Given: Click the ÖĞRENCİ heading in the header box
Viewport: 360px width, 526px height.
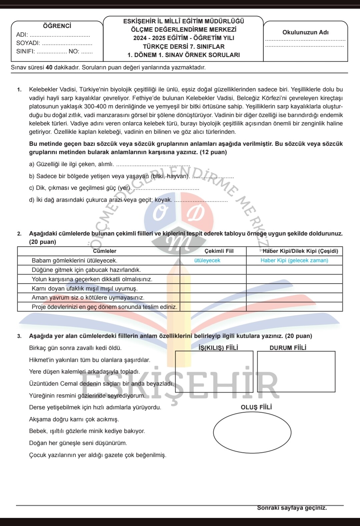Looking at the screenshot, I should tap(57, 26).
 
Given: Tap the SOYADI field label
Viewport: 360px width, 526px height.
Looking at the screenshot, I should tap(28, 43).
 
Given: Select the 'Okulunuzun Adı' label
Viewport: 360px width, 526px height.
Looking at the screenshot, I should tap(305, 32).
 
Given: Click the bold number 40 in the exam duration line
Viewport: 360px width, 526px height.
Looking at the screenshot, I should tap(49, 67).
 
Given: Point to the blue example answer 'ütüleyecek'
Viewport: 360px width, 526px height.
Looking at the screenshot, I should tap(207, 260).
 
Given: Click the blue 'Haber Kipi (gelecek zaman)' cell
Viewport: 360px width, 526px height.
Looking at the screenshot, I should tap(294, 260).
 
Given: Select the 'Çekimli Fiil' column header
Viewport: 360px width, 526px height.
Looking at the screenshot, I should tap(219, 251).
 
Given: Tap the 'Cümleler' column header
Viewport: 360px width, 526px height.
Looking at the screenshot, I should tap(104, 251).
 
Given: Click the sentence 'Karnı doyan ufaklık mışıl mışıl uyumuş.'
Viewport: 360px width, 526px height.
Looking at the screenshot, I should tap(85, 289).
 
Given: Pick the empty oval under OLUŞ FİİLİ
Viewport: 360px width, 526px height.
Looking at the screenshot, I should tap(252, 433).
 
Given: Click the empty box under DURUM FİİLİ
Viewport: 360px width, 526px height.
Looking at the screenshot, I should tap(296, 371).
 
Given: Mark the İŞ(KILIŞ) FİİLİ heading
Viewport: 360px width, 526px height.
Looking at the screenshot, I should tap(218, 348).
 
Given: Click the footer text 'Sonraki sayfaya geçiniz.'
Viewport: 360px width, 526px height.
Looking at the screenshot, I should tap(292, 508).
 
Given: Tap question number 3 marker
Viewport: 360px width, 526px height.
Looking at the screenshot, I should tap(19, 336).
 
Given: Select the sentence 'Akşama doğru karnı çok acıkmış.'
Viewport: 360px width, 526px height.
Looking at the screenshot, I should tap(74, 419).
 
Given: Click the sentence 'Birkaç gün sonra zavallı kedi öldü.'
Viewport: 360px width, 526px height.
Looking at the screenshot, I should tap(75, 348).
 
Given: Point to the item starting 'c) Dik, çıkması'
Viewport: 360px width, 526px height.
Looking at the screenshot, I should tap(80, 188).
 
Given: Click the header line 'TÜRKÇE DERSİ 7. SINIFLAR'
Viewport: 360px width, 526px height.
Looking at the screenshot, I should tap(184, 47).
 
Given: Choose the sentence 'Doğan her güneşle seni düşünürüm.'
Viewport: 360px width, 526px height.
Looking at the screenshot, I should tap(78, 443).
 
